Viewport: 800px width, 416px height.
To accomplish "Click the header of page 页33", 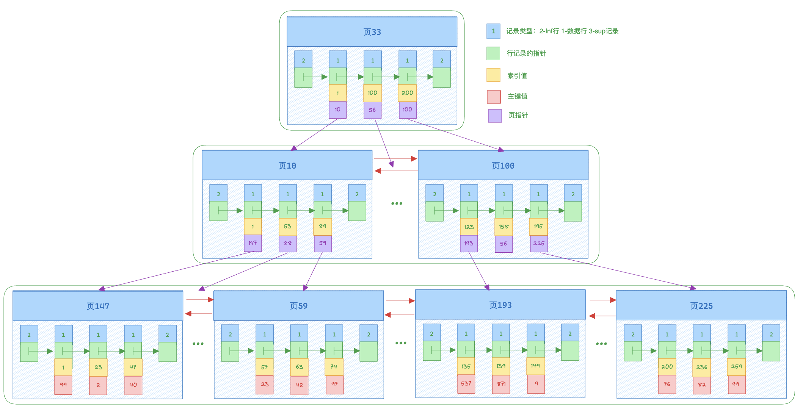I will (372, 32).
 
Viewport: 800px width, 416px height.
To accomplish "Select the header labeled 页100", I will (503, 166).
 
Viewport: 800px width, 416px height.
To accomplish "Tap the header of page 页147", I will (98, 306).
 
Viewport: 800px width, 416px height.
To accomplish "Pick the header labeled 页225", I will (701, 306).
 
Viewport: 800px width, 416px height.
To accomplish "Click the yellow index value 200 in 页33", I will (407, 93).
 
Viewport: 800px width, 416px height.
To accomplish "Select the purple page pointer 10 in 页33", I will (337, 110).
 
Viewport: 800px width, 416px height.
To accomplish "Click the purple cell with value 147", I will (253, 243).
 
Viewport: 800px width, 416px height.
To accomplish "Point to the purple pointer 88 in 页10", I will (287, 244).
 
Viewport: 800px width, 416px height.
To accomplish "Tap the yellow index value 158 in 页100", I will (504, 227).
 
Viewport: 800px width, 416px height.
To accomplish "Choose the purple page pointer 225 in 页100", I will (538, 244).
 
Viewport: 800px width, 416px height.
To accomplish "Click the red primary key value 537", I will (466, 384).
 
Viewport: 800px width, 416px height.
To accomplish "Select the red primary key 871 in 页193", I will (501, 384).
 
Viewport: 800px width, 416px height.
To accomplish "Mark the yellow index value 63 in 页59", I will (299, 367).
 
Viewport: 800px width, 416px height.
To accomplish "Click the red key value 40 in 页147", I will (133, 385).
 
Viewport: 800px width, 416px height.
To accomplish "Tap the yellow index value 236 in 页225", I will (701, 367).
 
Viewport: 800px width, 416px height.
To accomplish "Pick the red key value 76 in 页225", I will (667, 384).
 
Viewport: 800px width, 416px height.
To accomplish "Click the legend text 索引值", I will (517, 76).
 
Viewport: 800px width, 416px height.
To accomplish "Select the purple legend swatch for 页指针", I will (495, 116).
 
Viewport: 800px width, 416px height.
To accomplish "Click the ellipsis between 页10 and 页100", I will (397, 204).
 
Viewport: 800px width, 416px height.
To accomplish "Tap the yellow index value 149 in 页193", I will (535, 366).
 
